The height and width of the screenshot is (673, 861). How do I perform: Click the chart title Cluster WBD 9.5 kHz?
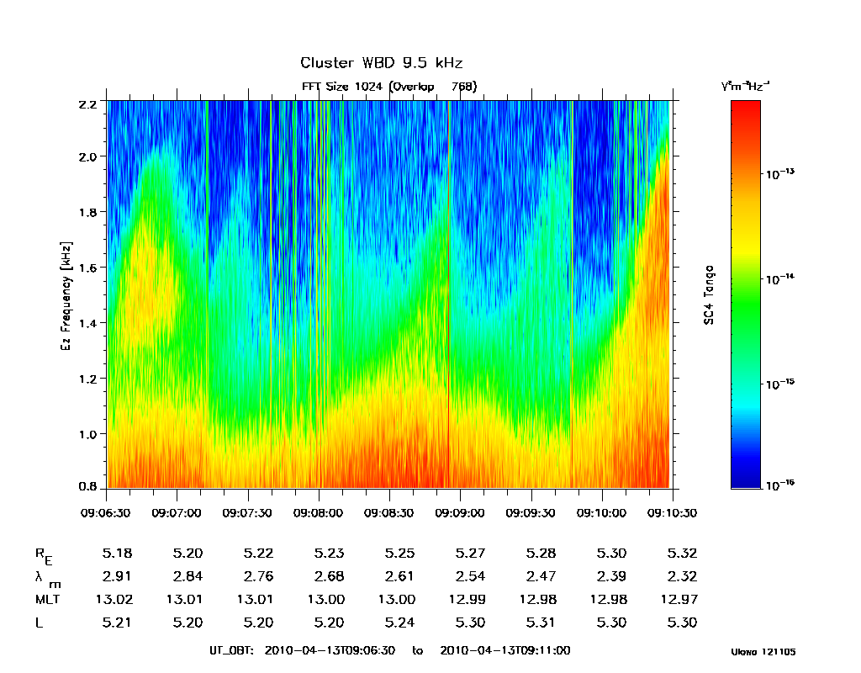click(x=381, y=64)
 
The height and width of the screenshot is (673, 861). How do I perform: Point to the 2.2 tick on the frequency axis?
click(x=88, y=102)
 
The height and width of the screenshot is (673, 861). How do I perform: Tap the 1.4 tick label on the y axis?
click(x=88, y=323)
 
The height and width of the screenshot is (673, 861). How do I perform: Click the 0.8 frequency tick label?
click(x=88, y=488)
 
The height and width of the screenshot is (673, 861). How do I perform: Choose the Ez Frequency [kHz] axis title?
click(x=66, y=295)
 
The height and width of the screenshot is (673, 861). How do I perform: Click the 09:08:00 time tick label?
click(x=318, y=512)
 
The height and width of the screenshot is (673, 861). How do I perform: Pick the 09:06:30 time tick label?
click(x=106, y=512)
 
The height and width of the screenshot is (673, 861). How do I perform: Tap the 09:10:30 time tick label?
click(x=671, y=512)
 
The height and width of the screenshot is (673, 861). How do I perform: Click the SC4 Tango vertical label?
click(x=710, y=294)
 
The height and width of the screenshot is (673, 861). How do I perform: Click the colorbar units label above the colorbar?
click(x=745, y=86)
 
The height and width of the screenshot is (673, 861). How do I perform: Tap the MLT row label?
click(x=47, y=600)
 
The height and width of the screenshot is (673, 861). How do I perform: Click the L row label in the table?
click(x=39, y=623)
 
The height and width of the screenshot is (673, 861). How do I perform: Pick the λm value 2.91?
click(x=116, y=576)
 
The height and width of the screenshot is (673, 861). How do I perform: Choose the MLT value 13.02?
click(x=116, y=600)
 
